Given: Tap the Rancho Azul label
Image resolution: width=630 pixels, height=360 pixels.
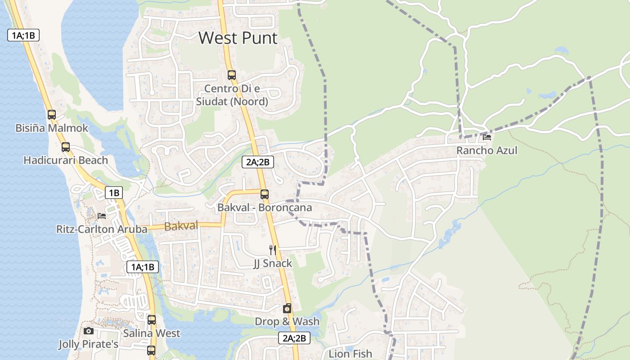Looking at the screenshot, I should [487, 150].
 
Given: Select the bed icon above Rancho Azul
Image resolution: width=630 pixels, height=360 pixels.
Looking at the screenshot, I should [487, 137].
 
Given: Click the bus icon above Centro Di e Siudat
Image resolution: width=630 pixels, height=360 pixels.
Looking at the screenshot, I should [232, 75].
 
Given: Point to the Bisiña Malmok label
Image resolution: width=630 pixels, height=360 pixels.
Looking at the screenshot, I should [52, 128].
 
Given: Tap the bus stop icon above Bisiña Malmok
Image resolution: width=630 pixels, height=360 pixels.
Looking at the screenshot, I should [52, 115].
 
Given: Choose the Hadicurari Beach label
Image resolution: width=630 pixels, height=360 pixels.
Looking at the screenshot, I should [66, 160].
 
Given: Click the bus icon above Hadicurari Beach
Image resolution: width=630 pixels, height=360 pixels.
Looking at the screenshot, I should [66, 147].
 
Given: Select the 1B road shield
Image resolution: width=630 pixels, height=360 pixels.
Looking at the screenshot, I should [114, 193].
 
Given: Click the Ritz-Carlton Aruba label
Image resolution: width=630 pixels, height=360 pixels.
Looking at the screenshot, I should [102, 229].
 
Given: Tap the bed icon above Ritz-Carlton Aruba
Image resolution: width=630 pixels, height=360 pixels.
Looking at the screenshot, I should [102, 216].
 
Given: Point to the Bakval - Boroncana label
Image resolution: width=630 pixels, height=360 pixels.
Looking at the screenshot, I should [265, 208].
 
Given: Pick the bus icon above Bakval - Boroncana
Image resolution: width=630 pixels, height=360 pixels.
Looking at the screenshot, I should [265, 194].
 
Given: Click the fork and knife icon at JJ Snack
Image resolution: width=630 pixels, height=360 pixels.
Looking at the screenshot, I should [272, 250].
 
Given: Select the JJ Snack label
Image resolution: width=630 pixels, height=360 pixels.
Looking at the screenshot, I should [273, 263].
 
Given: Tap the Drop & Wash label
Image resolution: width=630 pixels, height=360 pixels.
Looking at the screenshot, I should [287, 322].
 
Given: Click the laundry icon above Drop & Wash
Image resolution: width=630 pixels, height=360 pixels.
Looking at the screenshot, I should [287, 308].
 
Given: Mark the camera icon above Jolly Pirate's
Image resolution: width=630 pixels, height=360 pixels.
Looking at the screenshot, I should [89, 331].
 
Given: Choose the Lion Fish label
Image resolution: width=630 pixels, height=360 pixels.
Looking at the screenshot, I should [350, 354].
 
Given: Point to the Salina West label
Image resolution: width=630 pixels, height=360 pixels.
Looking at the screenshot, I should [152, 333].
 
